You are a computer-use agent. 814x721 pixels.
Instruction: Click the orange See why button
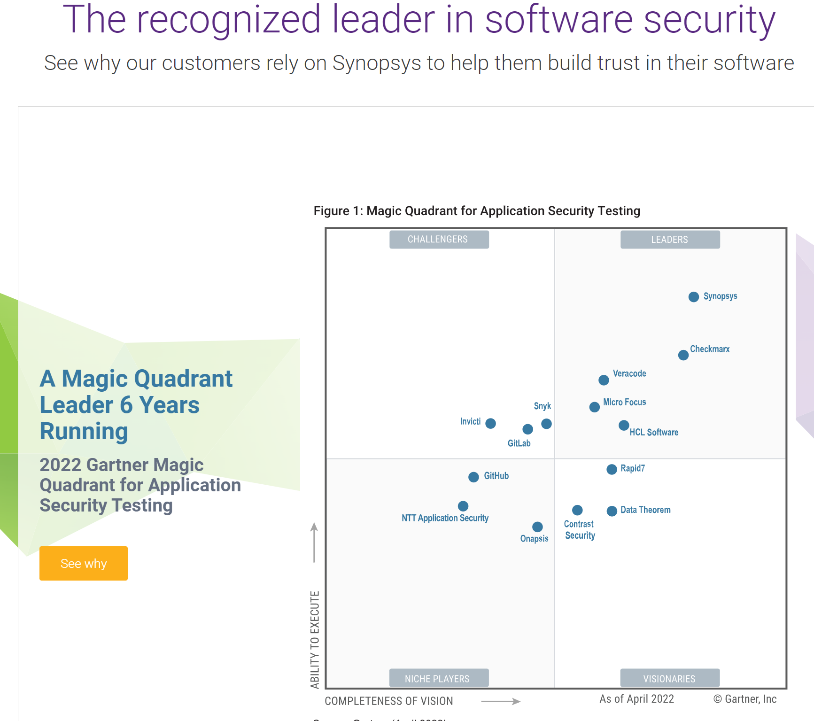84,563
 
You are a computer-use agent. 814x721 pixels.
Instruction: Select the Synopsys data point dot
693,297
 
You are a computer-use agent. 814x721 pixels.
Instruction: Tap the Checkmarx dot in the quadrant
683,355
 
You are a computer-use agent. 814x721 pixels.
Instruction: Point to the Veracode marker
604,380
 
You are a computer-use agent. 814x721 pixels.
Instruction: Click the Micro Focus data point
594,407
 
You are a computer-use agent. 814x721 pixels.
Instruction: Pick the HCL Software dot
623,426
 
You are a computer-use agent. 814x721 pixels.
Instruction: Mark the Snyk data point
546,424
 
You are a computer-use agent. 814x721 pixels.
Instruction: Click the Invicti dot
490,424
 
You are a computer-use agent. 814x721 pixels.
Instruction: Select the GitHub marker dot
473,477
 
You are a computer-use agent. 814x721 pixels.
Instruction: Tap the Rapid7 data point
612,470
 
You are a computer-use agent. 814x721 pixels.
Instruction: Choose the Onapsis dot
537,527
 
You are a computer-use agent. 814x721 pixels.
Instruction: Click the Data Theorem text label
645,510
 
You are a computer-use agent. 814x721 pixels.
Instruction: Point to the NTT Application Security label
445,518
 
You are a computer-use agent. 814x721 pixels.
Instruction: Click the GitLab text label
519,443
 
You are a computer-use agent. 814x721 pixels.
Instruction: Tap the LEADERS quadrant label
670,240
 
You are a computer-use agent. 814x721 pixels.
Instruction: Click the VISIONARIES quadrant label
670,678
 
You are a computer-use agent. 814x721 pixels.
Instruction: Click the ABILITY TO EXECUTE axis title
315,640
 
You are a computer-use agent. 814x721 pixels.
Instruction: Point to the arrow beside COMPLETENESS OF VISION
501,701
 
